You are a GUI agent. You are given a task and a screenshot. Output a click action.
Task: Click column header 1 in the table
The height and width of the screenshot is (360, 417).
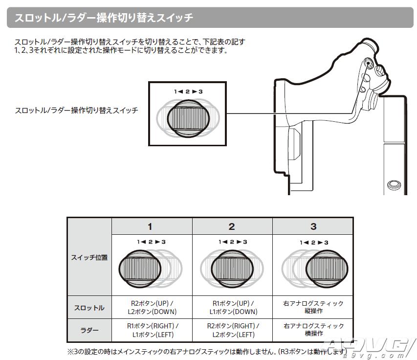pyautogui.click(x=151, y=226)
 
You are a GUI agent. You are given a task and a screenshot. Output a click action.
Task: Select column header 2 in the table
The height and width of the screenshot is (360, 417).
pyautogui.click(x=232, y=226)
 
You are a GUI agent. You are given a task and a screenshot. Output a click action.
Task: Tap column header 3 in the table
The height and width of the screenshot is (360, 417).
pyautogui.click(x=313, y=226)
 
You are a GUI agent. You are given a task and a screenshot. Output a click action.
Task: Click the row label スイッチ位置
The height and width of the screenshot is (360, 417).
pyautogui.click(x=89, y=257)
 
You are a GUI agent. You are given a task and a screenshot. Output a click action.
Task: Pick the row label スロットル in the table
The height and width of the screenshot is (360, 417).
pyautogui.click(x=89, y=308)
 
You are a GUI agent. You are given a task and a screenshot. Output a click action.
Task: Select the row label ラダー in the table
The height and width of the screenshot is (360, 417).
pyautogui.click(x=89, y=330)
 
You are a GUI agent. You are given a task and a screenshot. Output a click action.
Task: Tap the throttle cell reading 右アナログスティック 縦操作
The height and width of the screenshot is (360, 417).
pyautogui.click(x=313, y=308)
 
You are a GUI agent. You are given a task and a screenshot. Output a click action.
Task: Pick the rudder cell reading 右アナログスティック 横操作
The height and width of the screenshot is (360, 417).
pyautogui.click(x=313, y=330)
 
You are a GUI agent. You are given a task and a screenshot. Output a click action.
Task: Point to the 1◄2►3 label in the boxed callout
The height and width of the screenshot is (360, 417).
pyautogui.click(x=188, y=91)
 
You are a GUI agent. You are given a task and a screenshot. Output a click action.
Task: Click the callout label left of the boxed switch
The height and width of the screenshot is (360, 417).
pyautogui.click(x=76, y=111)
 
